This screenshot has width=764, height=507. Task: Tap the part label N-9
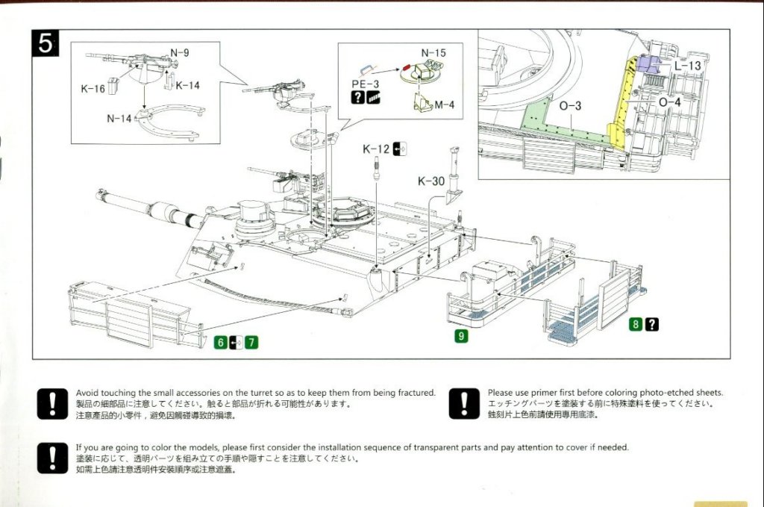pos(179,53)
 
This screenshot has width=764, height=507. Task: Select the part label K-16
pos(93,89)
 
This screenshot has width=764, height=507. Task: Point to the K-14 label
pos(188,86)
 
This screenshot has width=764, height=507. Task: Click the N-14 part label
pos(119,118)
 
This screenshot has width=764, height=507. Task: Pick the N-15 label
pos(433,53)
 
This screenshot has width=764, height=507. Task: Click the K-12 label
pos(376,149)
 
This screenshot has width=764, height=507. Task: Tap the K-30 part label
pos(431,181)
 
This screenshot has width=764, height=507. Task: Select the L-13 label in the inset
pos(687,66)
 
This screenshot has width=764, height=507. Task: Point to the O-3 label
pos(569,106)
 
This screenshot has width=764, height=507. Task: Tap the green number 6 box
pos(220,343)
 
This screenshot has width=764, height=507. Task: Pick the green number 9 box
pos(462,336)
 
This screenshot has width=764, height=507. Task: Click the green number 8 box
pos(636,324)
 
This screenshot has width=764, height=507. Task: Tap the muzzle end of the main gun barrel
pos(100,194)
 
